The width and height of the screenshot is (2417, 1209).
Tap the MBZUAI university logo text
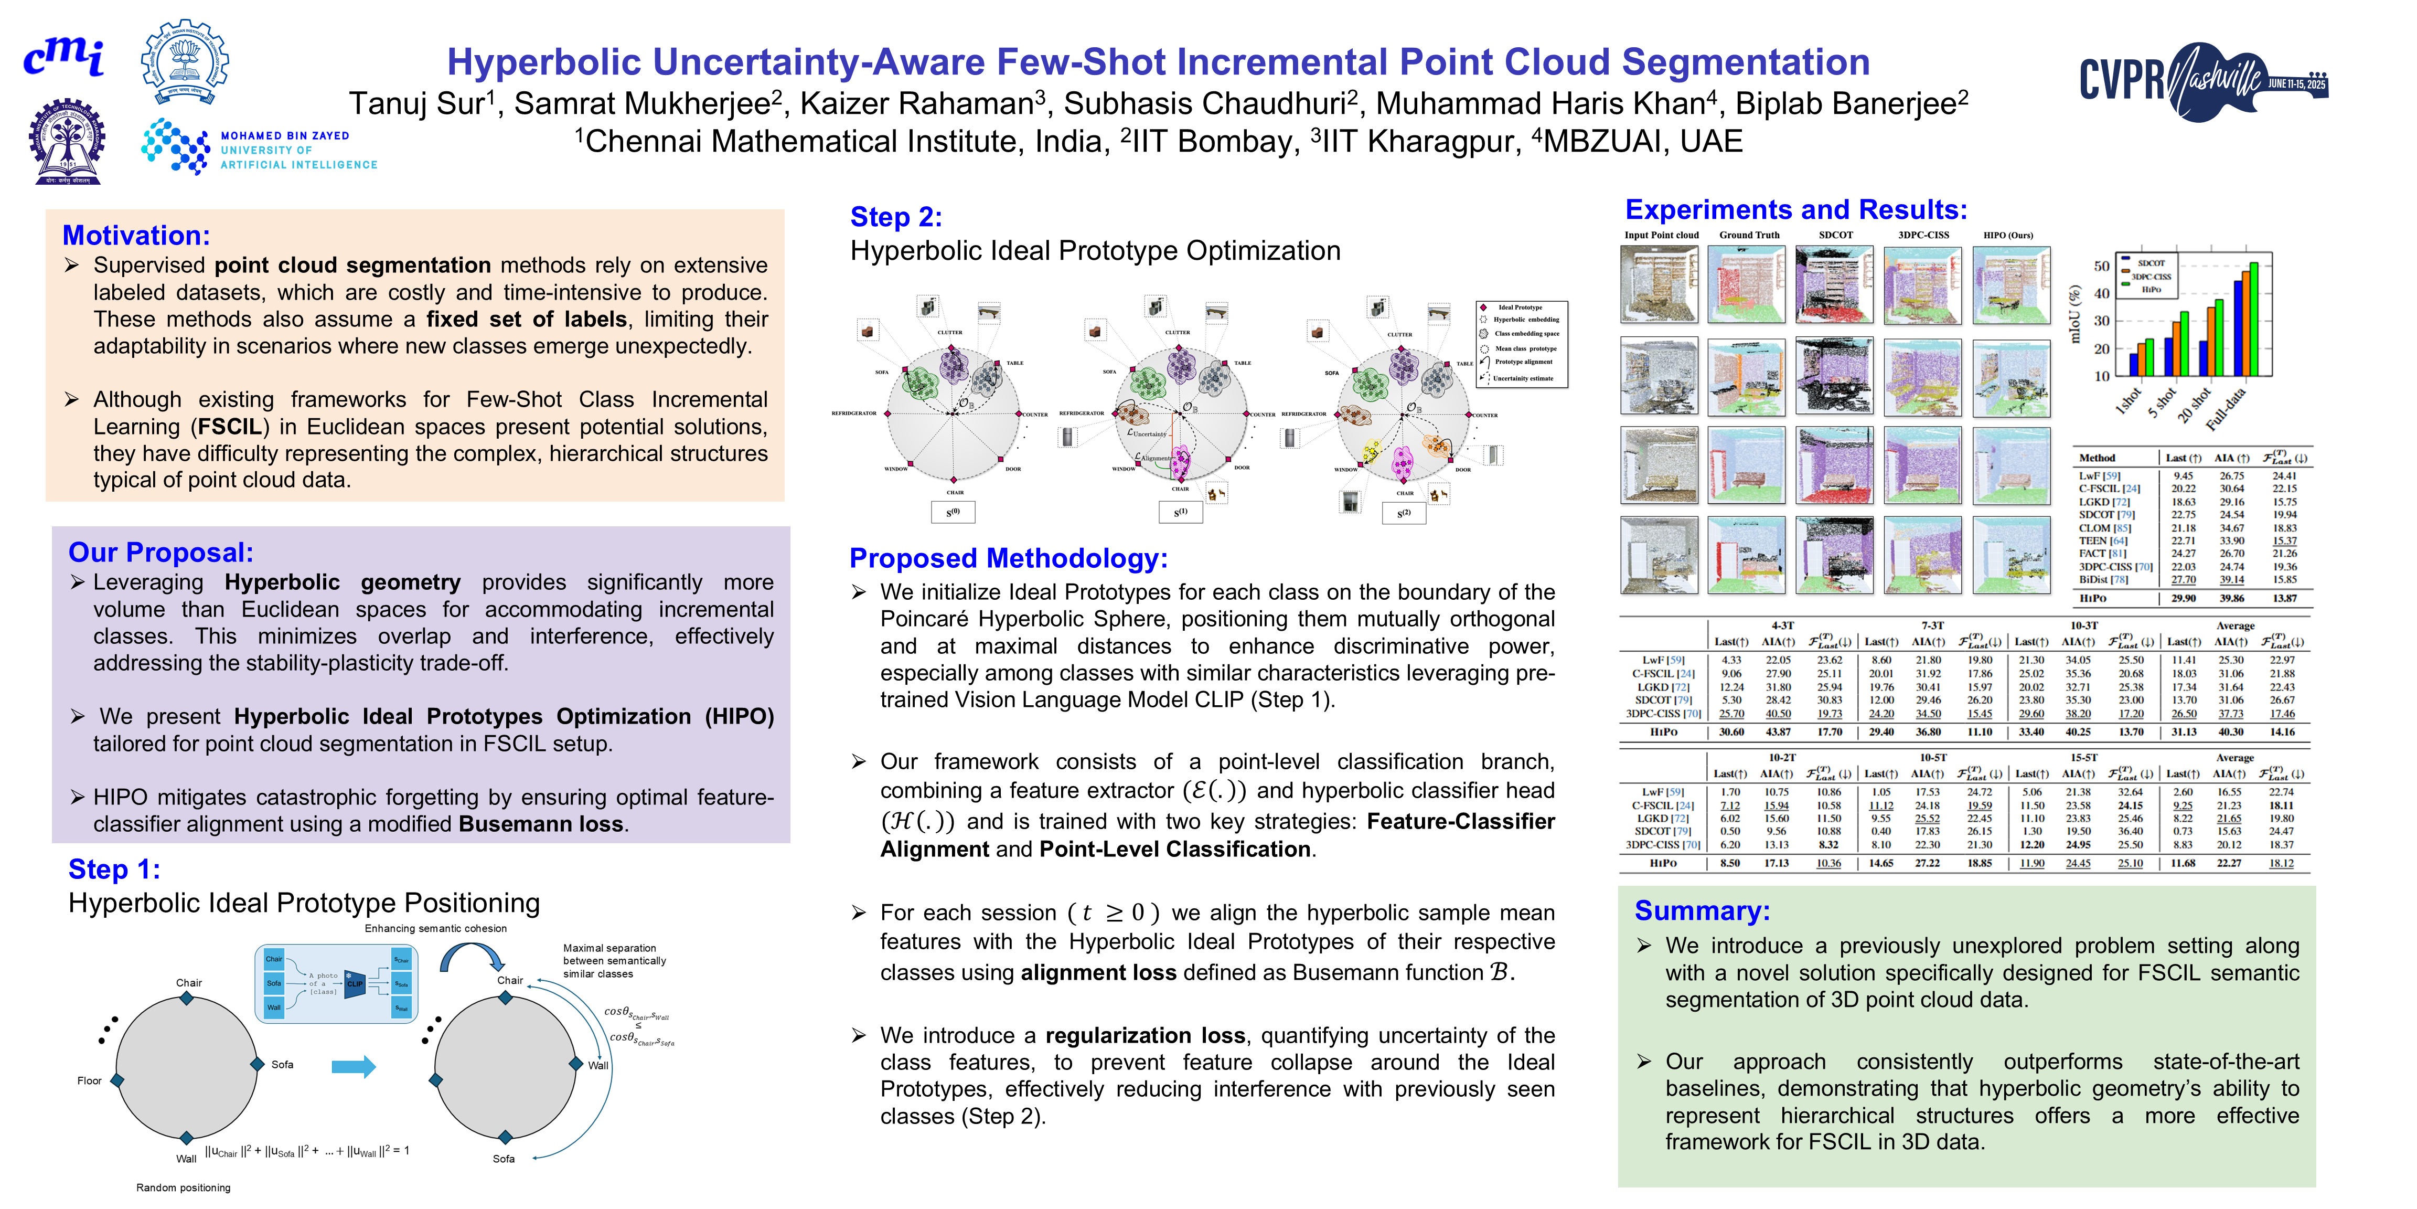pyautogui.click(x=298, y=150)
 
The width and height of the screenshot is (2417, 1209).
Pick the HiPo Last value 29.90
pyautogui.click(x=2184, y=598)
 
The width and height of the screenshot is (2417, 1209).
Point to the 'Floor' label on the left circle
pyautogui.click(x=89, y=1080)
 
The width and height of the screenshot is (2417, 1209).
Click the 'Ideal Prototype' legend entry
pyautogui.click(x=1519, y=307)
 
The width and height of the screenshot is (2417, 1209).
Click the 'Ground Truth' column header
pyautogui.click(x=1749, y=235)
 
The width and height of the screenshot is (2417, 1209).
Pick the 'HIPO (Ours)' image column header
pyautogui.click(x=2008, y=235)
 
